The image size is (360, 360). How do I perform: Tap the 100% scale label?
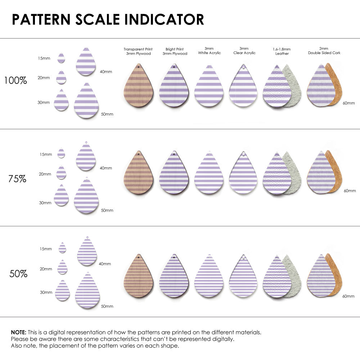pyautogui.click(x=15, y=81)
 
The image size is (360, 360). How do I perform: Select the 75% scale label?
pyautogui.click(x=17, y=179)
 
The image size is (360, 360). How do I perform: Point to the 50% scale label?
pyautogui.click(x=18, y=274)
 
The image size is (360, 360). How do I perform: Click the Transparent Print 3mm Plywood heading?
pyautogui.click(x=138, y=51)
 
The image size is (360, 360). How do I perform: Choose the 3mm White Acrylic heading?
pyautogui.click(x=209, y=51)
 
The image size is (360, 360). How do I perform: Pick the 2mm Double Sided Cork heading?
pyautogui.click(x=324, y=51)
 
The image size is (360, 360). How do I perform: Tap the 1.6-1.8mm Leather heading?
pyautogui.click(x=282, y=51)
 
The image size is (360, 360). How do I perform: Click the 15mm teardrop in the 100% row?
pyautogui.click(x=61, y=58)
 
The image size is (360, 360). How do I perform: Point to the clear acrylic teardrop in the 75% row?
pyautogui.click(x=244, y=174)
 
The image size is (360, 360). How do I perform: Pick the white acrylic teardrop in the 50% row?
pyautogui.click(x=209, y=277)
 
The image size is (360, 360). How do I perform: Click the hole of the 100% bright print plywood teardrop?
pyautogui.click(x=174, y=67)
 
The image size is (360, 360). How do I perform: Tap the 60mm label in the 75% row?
pyautogui.click(x=350, y=190)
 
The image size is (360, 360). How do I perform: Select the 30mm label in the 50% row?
pyautogui.click(x=46, y=292)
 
